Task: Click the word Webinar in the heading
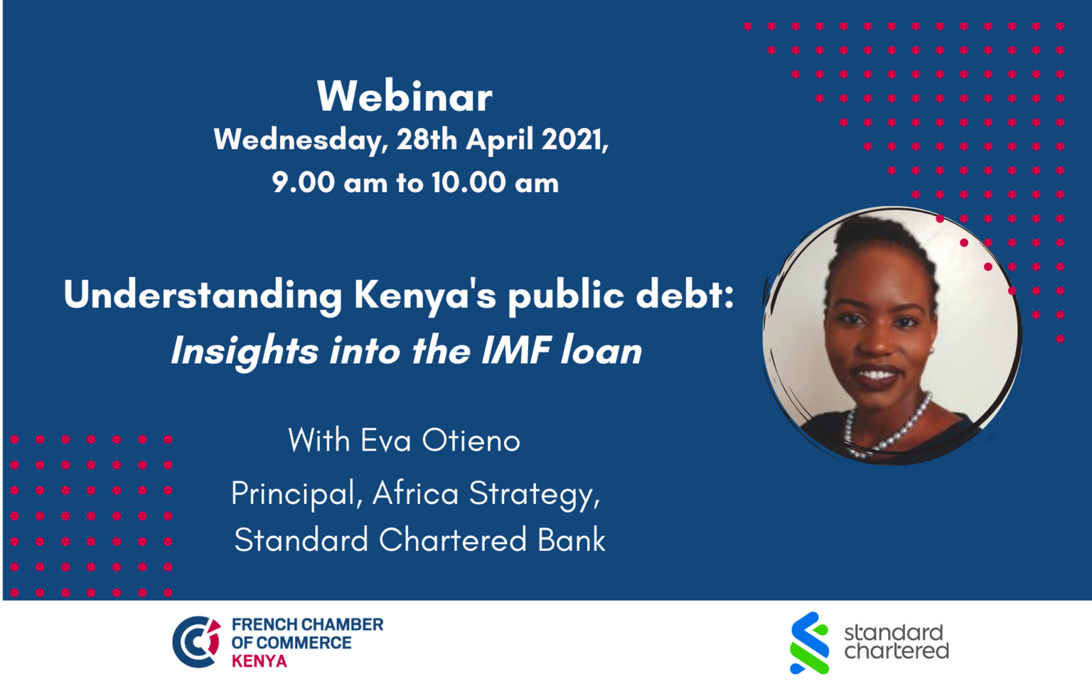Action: [x=405, y=97]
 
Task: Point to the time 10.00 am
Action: [x=495, y=183]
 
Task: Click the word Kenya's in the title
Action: [x=424, y=296]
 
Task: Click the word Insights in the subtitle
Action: [x=245, y=352]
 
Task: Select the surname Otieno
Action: [x=471, y=441]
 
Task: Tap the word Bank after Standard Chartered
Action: [x=572, y=540]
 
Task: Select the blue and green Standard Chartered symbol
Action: [x=809, y=643]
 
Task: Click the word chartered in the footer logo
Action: [x=896, y=651]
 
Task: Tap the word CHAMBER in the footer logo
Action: [x=343, y=625]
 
